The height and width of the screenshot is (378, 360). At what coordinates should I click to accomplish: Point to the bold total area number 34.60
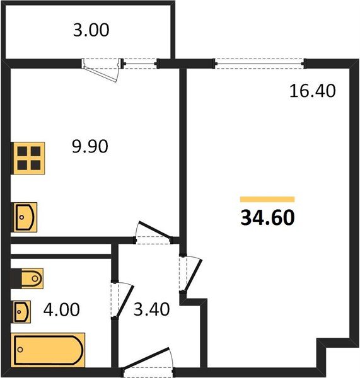267,218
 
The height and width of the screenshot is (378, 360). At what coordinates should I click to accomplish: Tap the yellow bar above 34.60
267,198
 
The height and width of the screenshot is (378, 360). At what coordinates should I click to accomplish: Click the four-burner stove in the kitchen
30,157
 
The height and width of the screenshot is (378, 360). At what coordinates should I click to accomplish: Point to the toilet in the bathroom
28,278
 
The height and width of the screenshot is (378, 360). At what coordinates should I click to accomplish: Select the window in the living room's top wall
260,63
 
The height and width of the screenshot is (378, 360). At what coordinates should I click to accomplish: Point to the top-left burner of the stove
23,151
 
